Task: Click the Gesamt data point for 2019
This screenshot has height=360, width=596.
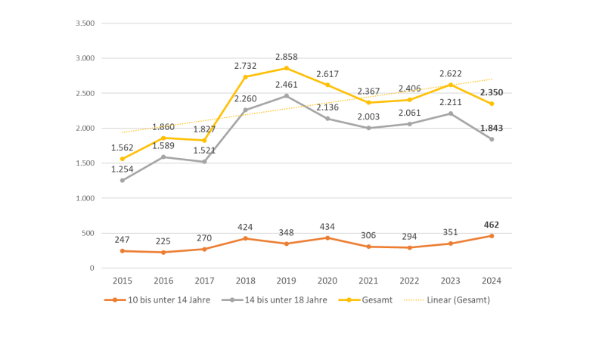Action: tap(287, 68)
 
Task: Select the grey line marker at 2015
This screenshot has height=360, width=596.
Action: tap(122, 180)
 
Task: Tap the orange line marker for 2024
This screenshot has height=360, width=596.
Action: tap(491, 236)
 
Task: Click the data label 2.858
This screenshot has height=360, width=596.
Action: tap(287, 57)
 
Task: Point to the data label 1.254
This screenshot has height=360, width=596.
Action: tap(122, 169)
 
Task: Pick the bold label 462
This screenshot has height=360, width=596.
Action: tap(491, 225)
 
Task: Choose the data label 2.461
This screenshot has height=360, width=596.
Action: tap(287, 85)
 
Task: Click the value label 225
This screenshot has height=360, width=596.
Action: tap(163, 241)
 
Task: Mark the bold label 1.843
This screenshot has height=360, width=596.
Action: tap(491, 128)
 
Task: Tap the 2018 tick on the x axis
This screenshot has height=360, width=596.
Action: tap(245, 280)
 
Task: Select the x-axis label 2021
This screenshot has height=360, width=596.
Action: tap(368, 280)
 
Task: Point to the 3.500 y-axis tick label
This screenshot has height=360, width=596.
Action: tap(85, 23)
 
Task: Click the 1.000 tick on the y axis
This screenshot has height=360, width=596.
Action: tap(85, 198)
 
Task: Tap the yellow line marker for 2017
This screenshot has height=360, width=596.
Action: tap(204, 140)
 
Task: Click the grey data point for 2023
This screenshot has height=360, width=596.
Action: tap(450, 113)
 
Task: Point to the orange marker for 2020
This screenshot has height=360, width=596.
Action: tap(327, 237)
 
